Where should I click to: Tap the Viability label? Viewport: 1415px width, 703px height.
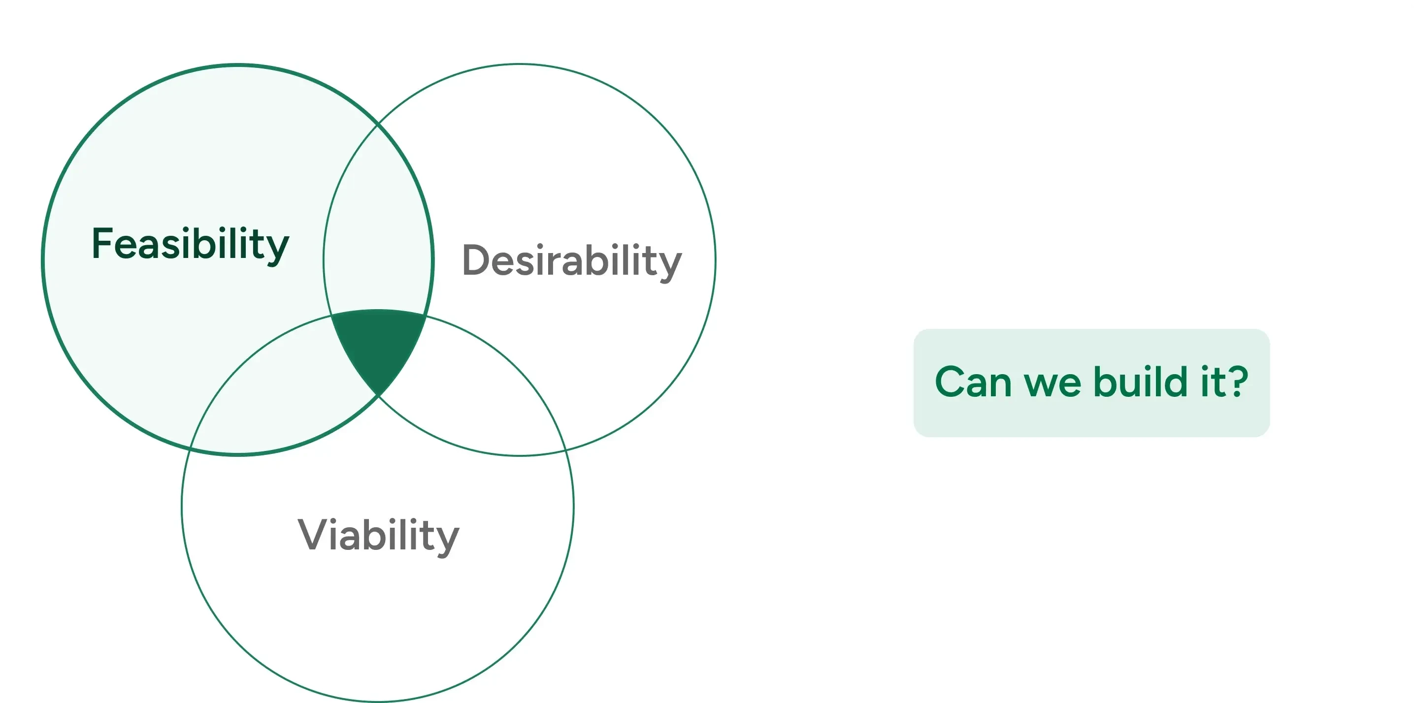click(x=378, y=535)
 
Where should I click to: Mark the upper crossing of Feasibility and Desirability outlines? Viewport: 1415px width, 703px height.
click(x=378, y=125)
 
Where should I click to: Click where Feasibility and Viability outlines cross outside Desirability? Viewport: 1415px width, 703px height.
click(x=190, y=448)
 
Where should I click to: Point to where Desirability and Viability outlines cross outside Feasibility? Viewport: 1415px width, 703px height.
click(x=566, y=449)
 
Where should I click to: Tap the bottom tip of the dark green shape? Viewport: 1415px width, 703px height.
click(x=378, y=394)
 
